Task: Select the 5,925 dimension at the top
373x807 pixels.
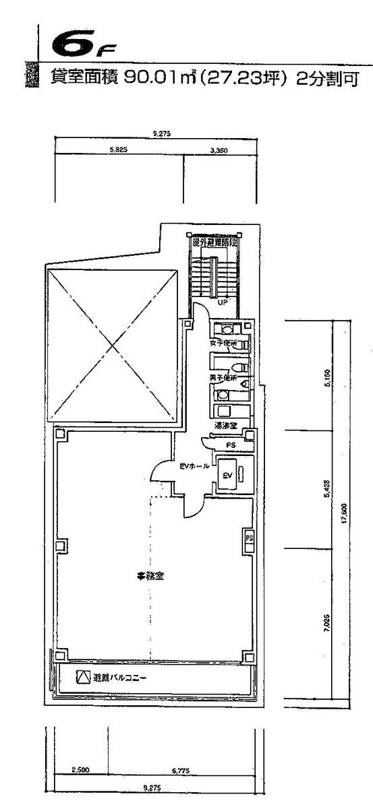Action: [x=118, y=151]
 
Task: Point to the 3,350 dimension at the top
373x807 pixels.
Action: [x=217, y=151]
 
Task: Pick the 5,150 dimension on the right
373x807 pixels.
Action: [x=327, y=394]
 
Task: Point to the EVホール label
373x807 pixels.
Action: [x=198, y=465]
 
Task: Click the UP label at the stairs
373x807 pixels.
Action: [x=221, y=304]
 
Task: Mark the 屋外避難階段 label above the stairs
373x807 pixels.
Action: [x=214, y=241]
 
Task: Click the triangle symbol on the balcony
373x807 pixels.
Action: [x=83, y=677]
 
